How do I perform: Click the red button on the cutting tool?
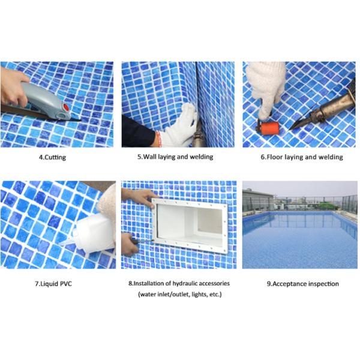(x=62, y=108)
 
